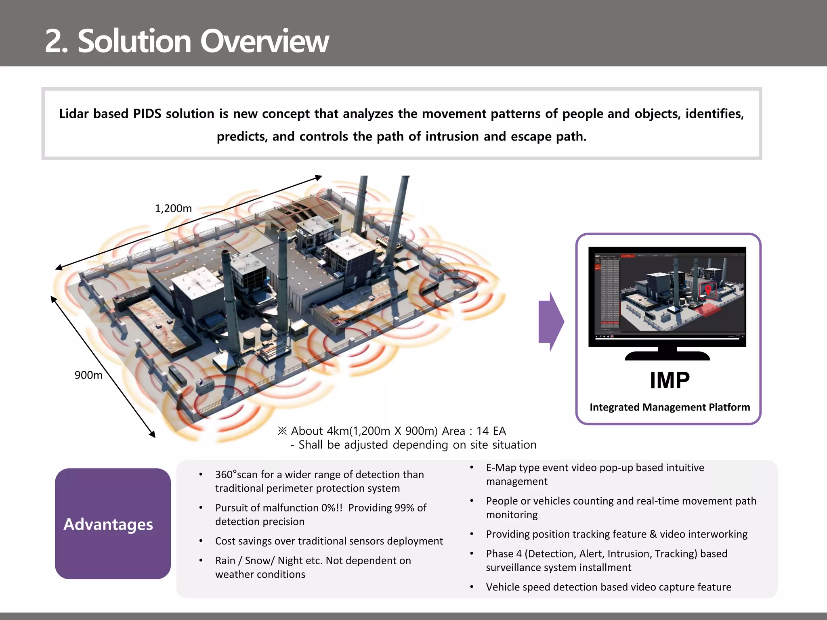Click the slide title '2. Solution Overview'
click(187, 41)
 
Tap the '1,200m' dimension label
click(173, 209)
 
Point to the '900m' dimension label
click(88, 375)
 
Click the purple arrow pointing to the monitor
click(551, 322)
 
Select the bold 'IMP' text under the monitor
click(670, 380)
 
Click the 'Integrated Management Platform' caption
click(670, 407)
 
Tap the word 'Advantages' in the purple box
click(108, 524)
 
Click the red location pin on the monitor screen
click(708, 289)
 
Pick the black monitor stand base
click(667, 356)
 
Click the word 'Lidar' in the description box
click(73, 114)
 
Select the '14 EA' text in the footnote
click(491, 431)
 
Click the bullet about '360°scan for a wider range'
click(319, 475)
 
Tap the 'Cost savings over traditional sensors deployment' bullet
click(329, 541)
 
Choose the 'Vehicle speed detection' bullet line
click(608, 587)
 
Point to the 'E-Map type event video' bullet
click(595, 468)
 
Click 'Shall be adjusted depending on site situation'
click(417, 445)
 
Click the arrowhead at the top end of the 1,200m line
click(319, 178)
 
